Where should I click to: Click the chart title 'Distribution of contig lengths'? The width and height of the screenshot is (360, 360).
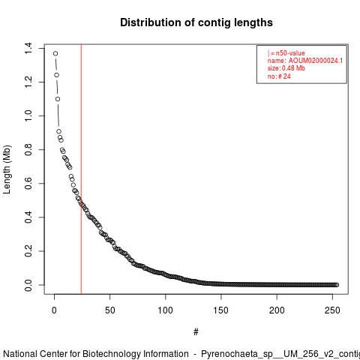(196, 22)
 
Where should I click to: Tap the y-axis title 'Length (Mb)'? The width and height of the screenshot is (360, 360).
(7, 169)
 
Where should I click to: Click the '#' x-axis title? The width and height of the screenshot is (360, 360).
(196, 331)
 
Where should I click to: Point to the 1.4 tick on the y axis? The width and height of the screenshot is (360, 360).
(28, 48)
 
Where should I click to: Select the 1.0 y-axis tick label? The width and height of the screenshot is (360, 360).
(28, 115)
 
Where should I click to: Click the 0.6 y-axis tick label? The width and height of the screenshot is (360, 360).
(28, 183)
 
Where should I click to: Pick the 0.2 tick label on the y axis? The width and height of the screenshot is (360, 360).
(28, 251)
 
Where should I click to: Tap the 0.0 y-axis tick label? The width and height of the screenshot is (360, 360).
(28, 285)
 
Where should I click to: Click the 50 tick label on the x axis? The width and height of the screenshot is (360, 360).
(110, 310)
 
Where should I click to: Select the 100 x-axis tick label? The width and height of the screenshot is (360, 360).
(165, 310)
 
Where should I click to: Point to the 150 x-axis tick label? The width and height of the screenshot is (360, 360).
(221, 310)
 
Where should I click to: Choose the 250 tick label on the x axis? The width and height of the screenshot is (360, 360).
(332, 310)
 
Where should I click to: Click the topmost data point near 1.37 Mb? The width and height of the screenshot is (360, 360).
(55, 53)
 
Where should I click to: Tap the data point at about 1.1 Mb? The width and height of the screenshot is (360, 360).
(58, 99)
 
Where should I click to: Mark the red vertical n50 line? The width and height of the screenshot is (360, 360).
(81, 169)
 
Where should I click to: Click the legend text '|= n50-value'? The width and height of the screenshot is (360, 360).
(286, 53)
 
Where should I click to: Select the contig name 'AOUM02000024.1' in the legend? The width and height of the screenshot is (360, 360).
(316, 61)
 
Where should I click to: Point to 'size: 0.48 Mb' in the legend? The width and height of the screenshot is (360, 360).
(286, 68)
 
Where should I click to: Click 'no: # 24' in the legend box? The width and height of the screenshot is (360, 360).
(279, 76)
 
